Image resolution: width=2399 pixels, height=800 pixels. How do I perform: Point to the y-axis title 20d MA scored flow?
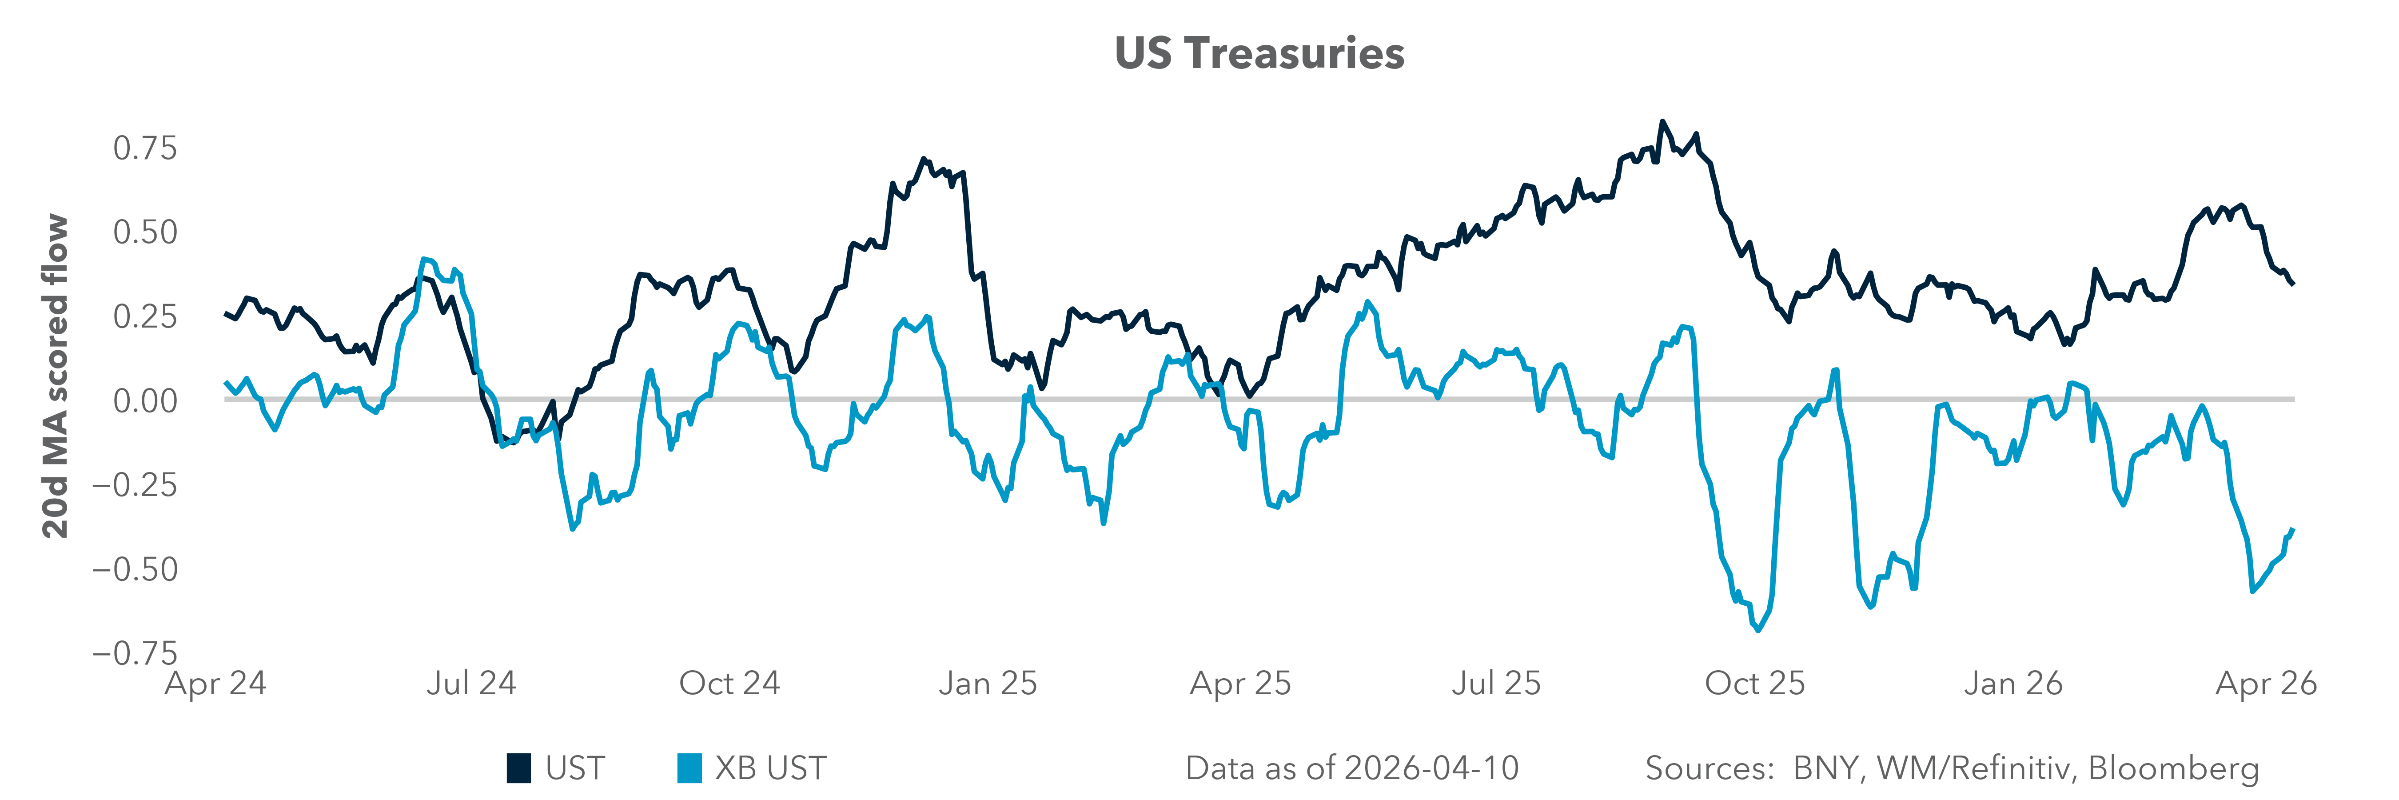point(56,376)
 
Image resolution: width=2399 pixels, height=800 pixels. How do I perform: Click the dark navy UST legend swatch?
point(519,768)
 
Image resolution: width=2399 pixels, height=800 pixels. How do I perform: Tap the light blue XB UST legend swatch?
point(689,768)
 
